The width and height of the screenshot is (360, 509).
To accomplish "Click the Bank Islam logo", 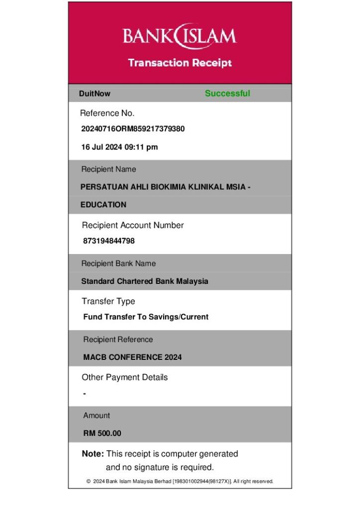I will pyautogui.click(x=180, y=36).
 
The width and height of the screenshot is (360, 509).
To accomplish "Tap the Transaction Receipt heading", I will pyautogui.click(x=180, y=63).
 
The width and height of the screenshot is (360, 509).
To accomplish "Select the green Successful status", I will pyautogui.click(x=227, y=93).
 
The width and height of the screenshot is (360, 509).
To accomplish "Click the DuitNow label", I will pyautogui.click(x=94, y=93).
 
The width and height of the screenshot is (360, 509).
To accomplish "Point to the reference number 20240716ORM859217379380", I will pyautogui.click(x=133, y=129).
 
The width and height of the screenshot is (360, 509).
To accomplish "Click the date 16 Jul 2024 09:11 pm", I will pyautogui.click(x=119, y=147).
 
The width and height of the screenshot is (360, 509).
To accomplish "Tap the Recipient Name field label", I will pyautogui.click(x=108, y=170).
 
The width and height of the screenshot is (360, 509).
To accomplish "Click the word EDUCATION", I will pyautogui.click(x=103, y=204).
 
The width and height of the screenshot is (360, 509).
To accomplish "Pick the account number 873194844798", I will pyautogui.click(x=109, y=241).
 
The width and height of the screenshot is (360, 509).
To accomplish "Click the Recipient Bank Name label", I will pyautogui.click(x=118, y=263).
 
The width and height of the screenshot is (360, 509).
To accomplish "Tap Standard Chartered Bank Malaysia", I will pyautogui.click(x=145, y=281).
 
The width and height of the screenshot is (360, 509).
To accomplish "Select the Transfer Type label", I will pyautogui.click(x=108, y=301).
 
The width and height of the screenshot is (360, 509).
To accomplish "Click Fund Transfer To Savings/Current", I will pyautogui.click(x=146, y=317).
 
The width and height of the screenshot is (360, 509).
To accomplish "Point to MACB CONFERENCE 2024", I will pyautogui.click(x=132, y=357).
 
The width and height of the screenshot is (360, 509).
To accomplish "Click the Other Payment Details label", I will pyautogui.click(x=125, y=377).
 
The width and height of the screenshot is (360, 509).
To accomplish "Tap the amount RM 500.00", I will pyautogui.click(x=102, y=433).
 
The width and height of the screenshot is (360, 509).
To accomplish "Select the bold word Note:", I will pyautogui.click(x=93, y=454).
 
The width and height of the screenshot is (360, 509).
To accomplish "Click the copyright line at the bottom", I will pyautogui.click(x=180, y=481).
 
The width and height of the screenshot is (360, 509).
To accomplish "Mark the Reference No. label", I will pyautogui.click(x=107, y=113).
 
